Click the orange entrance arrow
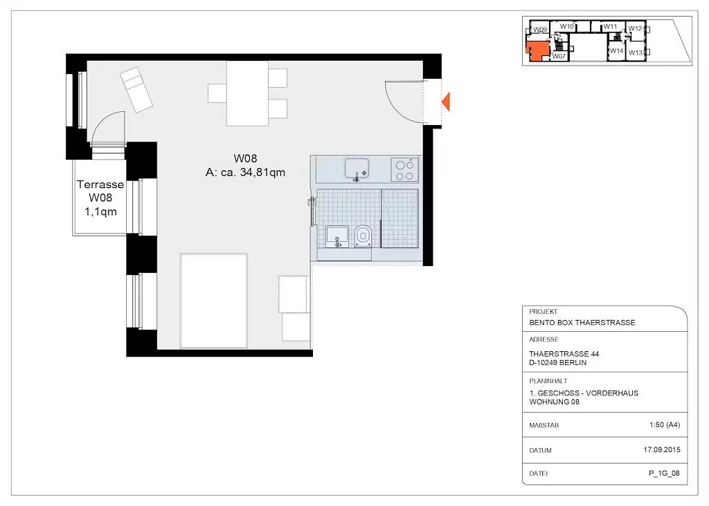click(447, 102)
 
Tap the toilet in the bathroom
click(363, 236)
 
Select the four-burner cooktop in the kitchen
click(404, 170)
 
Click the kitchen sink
click(357, 169)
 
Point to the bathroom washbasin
click(337, 236)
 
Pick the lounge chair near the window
click(136, 89)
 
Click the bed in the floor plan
click(214, 301)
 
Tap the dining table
click(247, 93)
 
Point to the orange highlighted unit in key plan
click(537, 50)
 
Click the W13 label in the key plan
click(636, 53)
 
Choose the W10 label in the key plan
click(566, 27)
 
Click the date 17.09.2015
click(661, 449)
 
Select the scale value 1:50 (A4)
click(665, 424)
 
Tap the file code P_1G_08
click(664, 473)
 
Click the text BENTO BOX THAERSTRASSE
click(582, 323)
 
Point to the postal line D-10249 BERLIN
click(557, 362)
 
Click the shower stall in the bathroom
click(400, 218)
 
